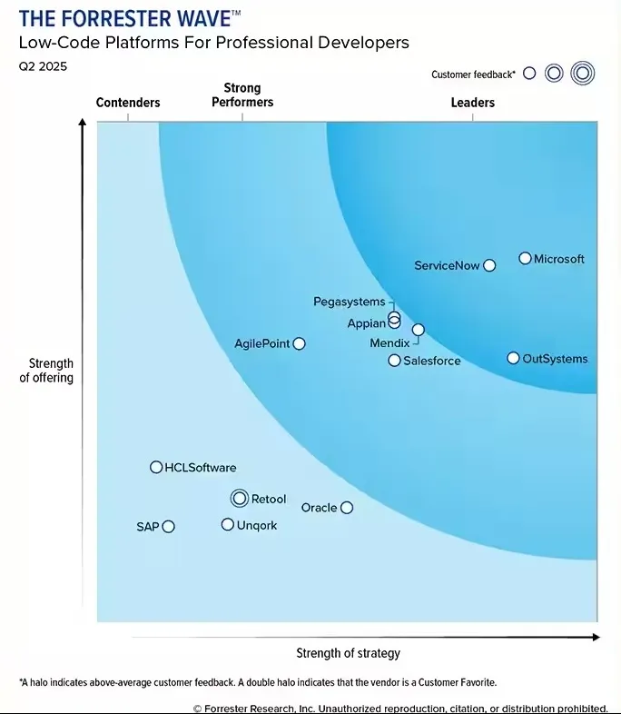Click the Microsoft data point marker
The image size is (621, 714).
(525, 259)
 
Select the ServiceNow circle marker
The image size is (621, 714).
(489, 265)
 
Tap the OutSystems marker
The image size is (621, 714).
(514, 359)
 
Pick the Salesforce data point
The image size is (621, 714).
(394, 361)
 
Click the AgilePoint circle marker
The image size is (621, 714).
(300, 343)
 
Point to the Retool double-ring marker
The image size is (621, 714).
(240, 498)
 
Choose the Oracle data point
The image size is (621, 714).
(347, 508)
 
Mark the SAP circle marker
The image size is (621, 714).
(168, 527)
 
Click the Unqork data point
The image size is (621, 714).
(228, 524)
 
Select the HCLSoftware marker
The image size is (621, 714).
(156, 467)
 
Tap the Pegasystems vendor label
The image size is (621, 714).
(349, 302)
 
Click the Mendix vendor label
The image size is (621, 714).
(389, 343)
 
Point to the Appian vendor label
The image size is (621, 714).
(367, 323)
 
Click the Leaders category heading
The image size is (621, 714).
(473, 103)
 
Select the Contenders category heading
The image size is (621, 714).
(128, 103)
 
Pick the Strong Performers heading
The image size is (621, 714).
(242, 95)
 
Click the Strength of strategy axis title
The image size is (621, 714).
(348, 653)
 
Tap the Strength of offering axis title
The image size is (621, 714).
(46, 371)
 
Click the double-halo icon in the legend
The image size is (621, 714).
(582, 74)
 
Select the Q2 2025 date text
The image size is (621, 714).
(43, 66)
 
